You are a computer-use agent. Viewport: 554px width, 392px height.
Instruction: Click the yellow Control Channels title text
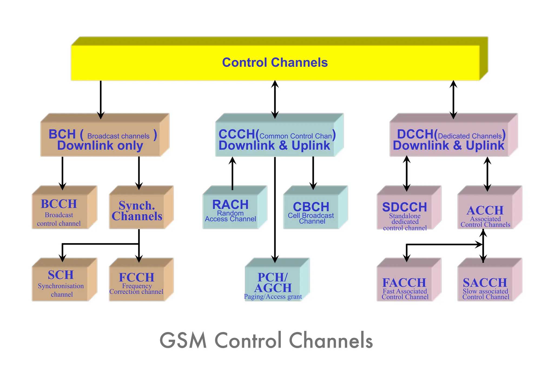(x=275, y=63)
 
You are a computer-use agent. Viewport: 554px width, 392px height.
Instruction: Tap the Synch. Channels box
(x=137, y=211)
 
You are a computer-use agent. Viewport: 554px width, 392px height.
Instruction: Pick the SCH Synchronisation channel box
(x=61, y=283)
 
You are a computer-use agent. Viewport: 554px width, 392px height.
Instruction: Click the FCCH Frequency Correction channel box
(x=137, y=283)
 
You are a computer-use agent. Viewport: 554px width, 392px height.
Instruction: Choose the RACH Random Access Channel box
(x=230, y=211)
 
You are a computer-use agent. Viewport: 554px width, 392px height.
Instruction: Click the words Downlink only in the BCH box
(x=100, y=146)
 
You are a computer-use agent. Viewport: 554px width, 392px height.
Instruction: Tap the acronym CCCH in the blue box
(x=236, y=134)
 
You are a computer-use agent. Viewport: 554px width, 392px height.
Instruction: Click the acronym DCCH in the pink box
(x=415, y=134)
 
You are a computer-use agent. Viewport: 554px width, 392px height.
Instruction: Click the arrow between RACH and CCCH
(x=232, y=173)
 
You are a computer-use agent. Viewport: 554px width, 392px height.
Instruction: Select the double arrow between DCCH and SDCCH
(x=407, y=173)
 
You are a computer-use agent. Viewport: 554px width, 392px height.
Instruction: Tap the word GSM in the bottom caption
(x=183, y=341)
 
